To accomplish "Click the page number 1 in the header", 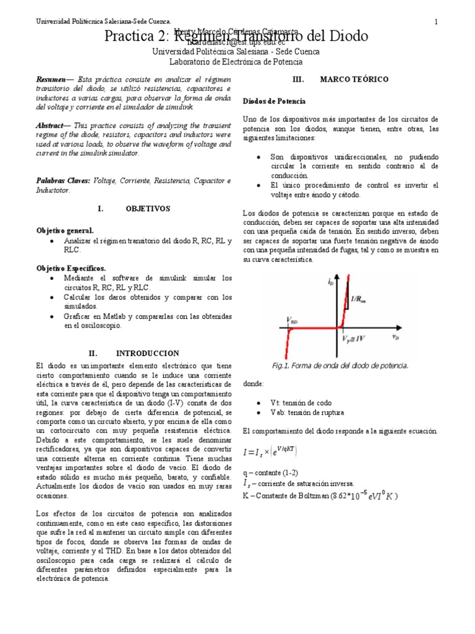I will pyautogui.click(x=436, y=22).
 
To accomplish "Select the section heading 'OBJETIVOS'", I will pyautogui.click(x=148, y=209).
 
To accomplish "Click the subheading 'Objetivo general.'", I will pyautogui.click(x=65, y=230).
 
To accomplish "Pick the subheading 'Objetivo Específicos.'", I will pyautogui.click(x=71, y=268).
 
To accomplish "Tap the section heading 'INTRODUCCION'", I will pyautogui.click(x=148, y=353).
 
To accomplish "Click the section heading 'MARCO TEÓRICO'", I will pyautogui.click(x=354, y=80).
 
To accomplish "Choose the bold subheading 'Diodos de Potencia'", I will pyautogui.click(x=273, y=100).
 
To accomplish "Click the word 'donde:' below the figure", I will pyautogui.click(x=254, y=384).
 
